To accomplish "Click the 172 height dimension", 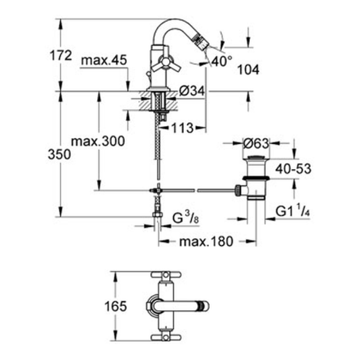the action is pos(61,55).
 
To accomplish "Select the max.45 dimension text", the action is pos(104,60).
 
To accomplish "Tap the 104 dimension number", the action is pos(248,70).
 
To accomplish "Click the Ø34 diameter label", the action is pos(192,91).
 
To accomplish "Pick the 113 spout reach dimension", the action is pos(183,128).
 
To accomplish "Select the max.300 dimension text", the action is pos(98,141).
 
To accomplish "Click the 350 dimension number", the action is pos(59,154).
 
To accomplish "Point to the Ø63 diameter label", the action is pos(256,144).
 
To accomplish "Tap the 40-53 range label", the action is pos(293,169).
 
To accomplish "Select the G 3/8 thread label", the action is pos(185,218).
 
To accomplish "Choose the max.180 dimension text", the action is pos(206,242).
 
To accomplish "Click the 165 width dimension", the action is pos(116,306).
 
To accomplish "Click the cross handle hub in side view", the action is pos(166,62).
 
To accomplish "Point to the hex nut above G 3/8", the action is pos(157,215).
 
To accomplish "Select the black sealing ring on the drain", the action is pos(256,178).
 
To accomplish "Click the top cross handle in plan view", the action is pos(166,274).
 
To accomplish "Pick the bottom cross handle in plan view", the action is pos(166,337).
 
